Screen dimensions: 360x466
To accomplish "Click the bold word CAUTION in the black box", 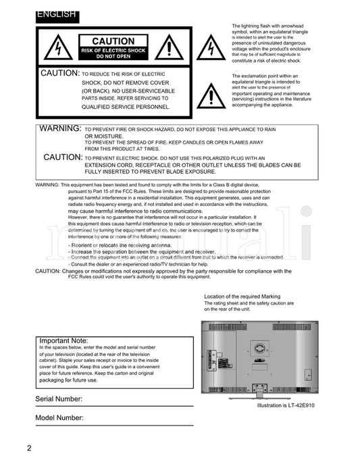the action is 113,42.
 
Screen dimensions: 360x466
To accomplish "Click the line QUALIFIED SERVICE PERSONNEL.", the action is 126,107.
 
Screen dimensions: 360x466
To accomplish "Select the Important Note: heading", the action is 63,340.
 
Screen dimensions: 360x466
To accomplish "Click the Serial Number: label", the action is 59,400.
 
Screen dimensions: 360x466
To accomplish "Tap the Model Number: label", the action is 59,419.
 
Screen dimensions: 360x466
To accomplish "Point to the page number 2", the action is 30,448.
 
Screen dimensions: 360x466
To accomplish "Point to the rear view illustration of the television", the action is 260,357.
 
